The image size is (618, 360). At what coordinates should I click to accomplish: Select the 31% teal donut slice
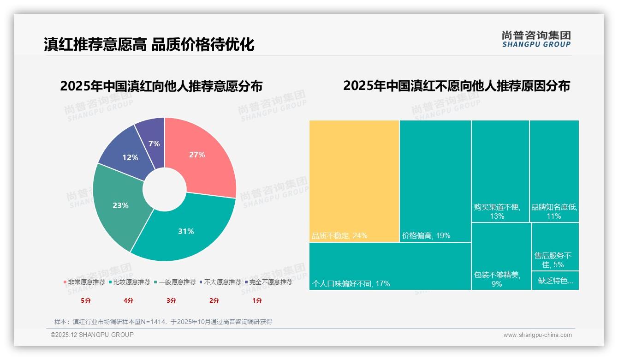(x=189, y=231)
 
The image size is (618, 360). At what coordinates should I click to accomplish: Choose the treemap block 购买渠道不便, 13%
(x=500, y=171)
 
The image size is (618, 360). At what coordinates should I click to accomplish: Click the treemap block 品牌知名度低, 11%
(x=554, y=171)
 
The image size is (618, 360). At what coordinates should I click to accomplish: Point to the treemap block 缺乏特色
(x=555, y=281)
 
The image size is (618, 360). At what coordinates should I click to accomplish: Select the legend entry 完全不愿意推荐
(x=270, y=282)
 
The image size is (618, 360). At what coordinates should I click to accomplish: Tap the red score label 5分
(x=86, y=300)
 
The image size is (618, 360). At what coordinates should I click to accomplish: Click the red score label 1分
(x=257, y=300)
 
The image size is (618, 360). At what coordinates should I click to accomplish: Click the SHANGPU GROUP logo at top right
(x=536, y=39)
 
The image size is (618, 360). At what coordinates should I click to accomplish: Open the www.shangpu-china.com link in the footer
(x=537, y=335)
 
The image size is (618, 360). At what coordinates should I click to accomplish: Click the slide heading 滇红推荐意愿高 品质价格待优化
(x=149, y=45)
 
